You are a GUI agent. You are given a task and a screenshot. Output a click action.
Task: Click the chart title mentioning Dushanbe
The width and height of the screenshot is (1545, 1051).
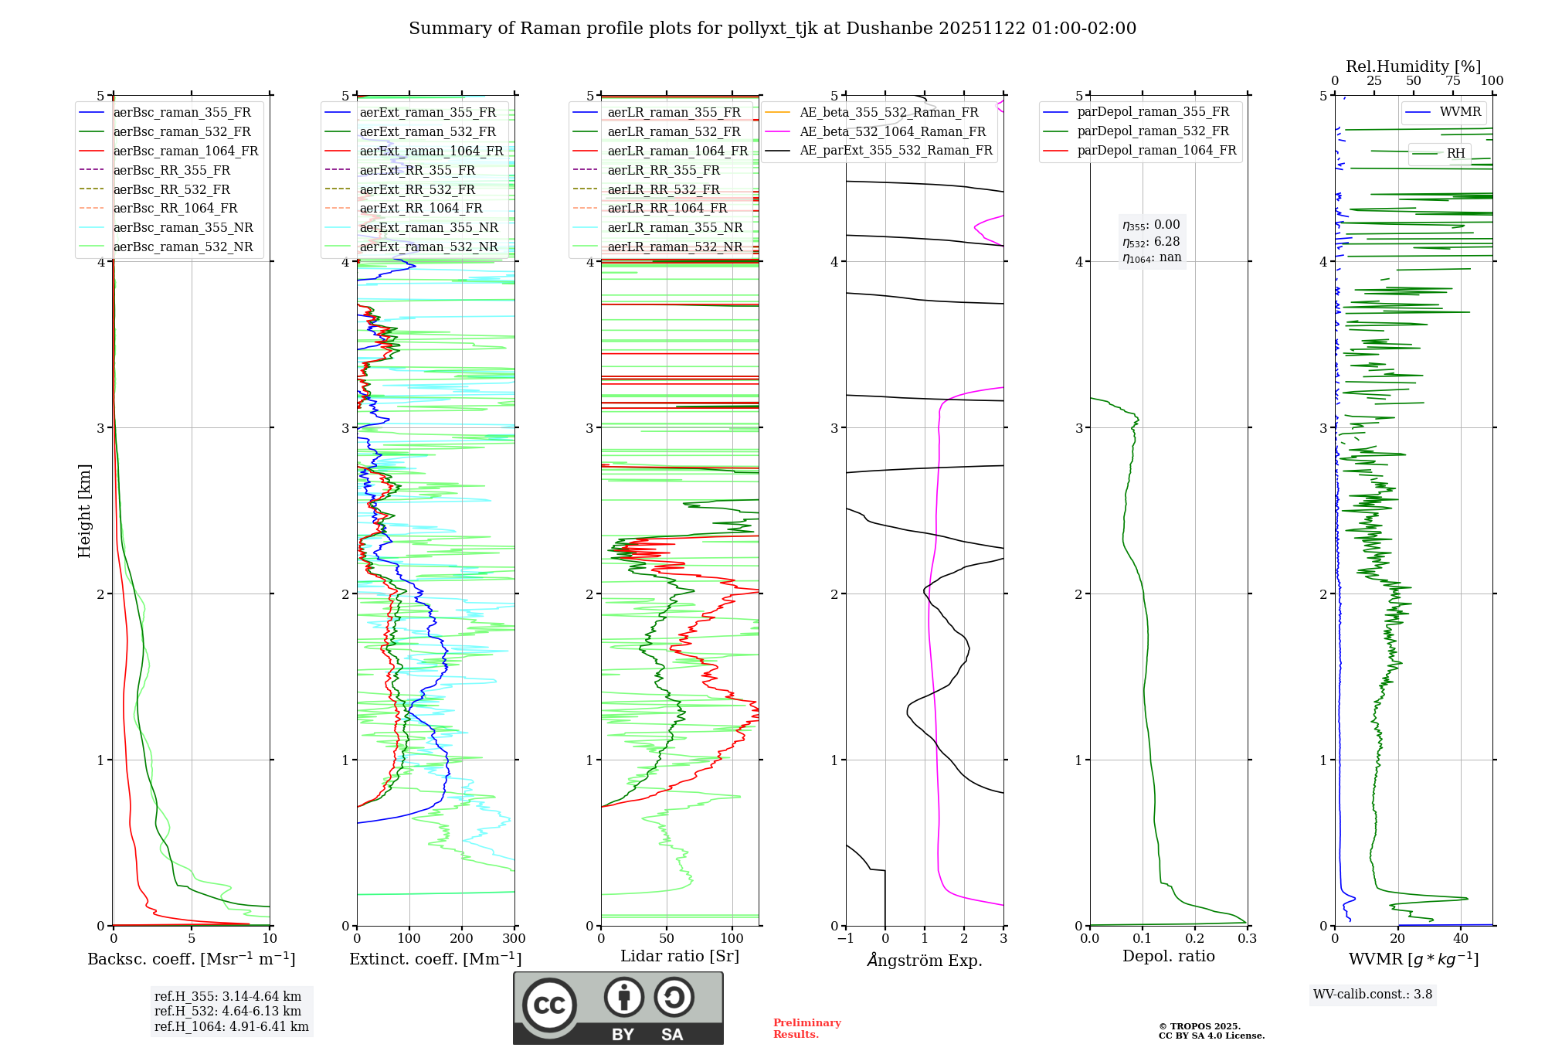tap(772, 29)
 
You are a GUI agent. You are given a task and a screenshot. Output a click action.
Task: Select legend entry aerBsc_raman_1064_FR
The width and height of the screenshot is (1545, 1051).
tap(185, 151)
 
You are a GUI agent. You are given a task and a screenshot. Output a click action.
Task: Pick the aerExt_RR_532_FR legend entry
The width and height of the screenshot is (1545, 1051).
tap(421, 189)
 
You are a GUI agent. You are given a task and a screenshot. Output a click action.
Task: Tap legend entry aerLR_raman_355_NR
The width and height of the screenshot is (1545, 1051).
tap(674, 227)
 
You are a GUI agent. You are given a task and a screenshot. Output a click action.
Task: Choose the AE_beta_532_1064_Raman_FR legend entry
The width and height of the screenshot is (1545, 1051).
tap(892, 131)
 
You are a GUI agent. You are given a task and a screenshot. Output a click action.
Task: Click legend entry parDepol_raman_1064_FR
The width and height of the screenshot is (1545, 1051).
tap(1156, 150)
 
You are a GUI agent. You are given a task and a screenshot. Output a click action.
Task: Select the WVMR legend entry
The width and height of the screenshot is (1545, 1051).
tap(1460, 112)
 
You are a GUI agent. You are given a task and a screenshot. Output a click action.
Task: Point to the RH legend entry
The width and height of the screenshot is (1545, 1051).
tap(1455, 153)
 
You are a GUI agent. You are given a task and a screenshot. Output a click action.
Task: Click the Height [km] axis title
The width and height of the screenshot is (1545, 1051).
tap(84, 511)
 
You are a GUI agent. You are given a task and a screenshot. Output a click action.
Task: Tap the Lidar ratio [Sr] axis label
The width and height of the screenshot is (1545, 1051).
tap(680, 956)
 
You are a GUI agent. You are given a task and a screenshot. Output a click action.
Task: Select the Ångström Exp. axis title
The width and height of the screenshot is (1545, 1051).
tap(925, 960)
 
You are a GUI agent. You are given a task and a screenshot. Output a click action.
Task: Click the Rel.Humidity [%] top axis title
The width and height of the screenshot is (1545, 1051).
tap(1413, 66)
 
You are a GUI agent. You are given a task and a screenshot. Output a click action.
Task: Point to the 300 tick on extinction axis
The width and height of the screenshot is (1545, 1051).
tap(514, 939)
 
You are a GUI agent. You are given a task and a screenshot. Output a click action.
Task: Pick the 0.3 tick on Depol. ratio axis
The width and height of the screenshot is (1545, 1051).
tap(1247, 939)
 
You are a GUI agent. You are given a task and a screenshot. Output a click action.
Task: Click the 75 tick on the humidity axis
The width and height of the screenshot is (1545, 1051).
tap(1452, 81)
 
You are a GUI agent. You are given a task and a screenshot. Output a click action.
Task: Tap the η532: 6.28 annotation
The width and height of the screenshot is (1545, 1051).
tap(1151, 242)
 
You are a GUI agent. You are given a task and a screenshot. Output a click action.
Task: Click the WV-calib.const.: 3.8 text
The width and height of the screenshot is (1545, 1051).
tap(1373, 995)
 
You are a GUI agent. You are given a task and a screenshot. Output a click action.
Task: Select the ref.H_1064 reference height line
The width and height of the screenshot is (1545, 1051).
tap(231, 1026)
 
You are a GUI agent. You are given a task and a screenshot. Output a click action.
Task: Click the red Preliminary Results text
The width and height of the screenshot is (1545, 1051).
tap(806, 1029)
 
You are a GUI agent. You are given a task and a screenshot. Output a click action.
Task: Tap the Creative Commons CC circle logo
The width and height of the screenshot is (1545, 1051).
tap(549, 1005)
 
